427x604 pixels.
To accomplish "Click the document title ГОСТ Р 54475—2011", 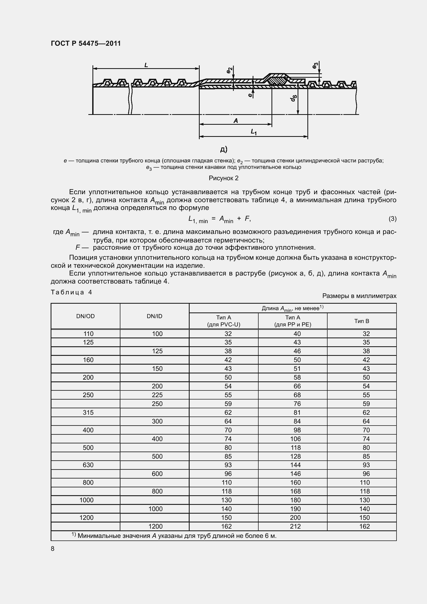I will [86, 43].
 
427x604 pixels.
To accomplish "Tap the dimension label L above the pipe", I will [146, 65].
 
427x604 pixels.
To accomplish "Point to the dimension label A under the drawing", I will [236, 121].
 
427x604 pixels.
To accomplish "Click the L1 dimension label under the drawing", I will [254, 132].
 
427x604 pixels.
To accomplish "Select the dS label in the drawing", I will [294, 98].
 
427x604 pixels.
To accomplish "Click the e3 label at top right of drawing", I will [315, 66].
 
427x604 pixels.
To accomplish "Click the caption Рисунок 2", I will [224, 178].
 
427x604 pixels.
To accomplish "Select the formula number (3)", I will [392, 219].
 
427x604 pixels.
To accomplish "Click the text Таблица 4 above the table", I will [71, 292].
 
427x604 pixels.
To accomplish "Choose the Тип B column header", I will [362, 321].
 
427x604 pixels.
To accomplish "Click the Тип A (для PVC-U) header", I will [224, 321].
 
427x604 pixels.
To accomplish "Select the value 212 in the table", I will [295, 526].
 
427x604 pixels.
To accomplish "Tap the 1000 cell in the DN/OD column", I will [87, 500].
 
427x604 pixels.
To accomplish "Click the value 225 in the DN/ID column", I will [157, 395].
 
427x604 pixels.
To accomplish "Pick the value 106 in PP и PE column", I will [296, 439].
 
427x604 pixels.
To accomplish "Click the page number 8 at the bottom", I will [53, 549].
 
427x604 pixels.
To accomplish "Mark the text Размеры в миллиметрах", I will [359, 296].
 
